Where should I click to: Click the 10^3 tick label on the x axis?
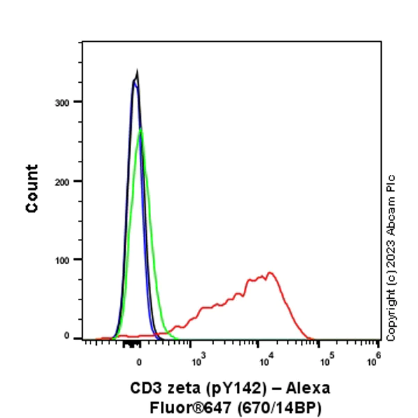tap(199, 360)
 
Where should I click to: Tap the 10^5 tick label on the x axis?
tap(325, 360)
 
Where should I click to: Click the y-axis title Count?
tap(32, 188)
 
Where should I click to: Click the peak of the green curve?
tap(141, 129)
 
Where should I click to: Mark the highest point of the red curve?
tap(269, 272)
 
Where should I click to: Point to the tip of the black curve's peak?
tap(137, 72)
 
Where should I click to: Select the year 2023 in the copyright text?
tap(391, 247)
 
